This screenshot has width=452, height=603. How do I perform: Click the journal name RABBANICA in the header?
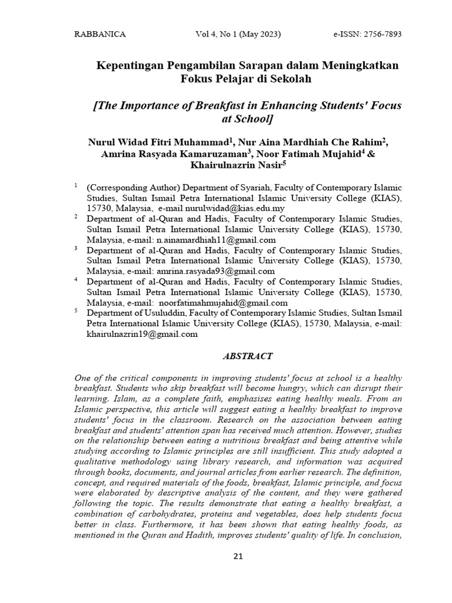coord(99,35)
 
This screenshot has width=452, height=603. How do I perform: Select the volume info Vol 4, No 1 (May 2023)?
coord(238,35)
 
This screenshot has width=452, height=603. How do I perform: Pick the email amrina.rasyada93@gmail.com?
coord(216,271)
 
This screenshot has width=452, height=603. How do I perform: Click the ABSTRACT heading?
coord(247,356)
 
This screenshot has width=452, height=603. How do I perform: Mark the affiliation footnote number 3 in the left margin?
coord(76,249)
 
